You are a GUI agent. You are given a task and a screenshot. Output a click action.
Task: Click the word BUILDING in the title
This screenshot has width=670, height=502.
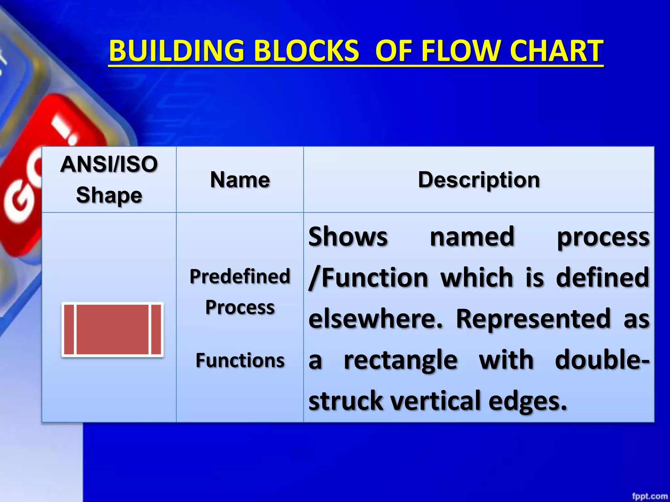coord(177,51)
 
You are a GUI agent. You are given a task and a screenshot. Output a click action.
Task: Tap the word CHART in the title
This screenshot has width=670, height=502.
coord(556,51)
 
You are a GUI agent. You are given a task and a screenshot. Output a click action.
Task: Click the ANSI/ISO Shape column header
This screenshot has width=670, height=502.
coord(109,179)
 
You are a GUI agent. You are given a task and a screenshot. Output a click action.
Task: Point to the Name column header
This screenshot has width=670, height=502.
coord(240,179)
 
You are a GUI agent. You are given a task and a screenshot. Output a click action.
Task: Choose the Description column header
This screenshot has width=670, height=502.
coord(479,179)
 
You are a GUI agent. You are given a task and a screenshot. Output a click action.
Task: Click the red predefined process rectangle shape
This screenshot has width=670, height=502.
coord(113,329)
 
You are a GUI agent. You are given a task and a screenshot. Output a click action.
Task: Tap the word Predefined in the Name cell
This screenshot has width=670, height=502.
coord(240,276)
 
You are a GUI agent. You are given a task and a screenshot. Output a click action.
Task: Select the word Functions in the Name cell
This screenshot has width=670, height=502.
coord(240,360)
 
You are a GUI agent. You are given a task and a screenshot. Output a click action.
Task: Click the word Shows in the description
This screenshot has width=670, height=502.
coord(348,237)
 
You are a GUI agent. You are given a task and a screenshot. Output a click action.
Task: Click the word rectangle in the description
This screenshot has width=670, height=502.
coord(400,360)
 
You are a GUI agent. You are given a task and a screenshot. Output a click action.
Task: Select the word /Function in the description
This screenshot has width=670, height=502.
coord(368,278)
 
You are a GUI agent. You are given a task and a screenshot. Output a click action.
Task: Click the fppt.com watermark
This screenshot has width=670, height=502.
coord(649,496)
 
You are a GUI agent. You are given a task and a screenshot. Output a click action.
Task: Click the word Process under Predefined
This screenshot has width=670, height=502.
coord(240,308)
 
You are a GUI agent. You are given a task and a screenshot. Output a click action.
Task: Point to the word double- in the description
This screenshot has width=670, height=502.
coord(602,360)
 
